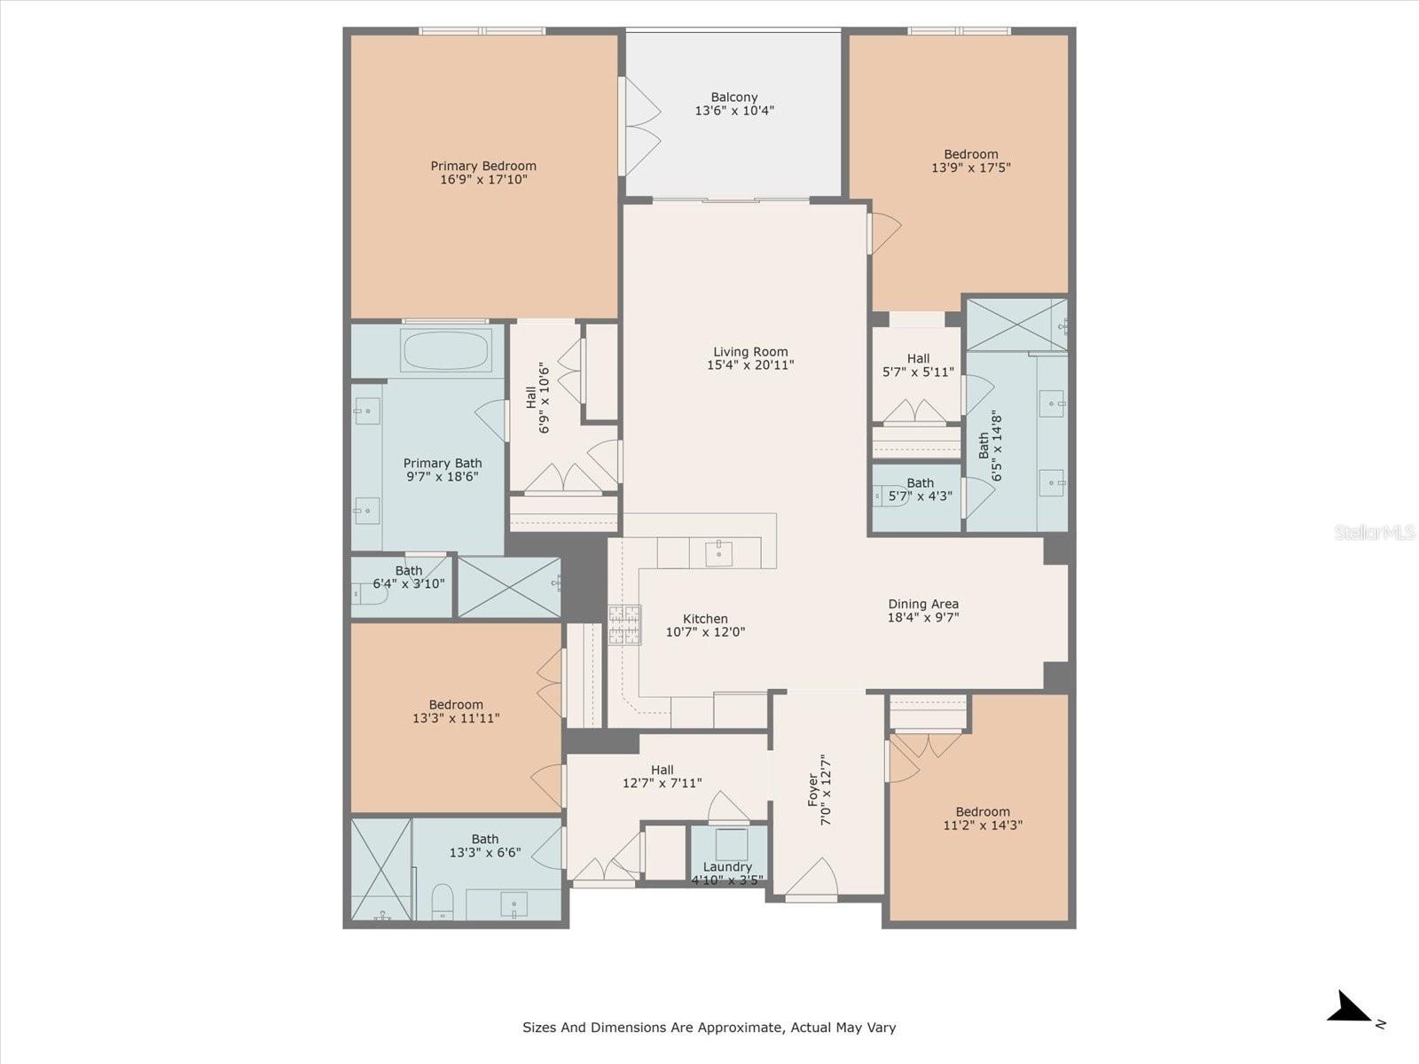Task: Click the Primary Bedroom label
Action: point(483,166)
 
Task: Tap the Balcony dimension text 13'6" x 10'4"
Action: point(734,111)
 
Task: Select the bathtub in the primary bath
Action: point(445,350)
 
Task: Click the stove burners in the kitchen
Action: point(624,624)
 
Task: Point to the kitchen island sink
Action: point(718,553)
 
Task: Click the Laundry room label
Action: point(727,866)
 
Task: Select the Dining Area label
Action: point(923,604)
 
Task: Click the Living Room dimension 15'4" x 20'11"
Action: point(750,364)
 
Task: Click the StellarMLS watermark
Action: point(1375,533)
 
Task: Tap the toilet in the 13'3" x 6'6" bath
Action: point(443,901)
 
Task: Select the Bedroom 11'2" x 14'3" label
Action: point(983,811)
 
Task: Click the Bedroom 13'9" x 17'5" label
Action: point(970,154)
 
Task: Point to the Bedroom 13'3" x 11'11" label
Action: point(456,705)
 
